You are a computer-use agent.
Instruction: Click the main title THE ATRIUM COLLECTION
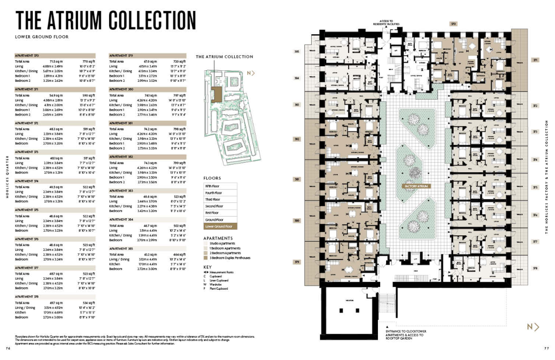[105, 20]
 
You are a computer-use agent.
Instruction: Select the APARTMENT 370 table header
[27, 55]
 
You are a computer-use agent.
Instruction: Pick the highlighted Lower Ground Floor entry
[221, 226]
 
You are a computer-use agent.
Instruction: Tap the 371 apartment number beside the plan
[535, 60]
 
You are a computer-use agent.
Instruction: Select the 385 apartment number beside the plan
[297, 52]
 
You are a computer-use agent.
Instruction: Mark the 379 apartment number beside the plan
[297, 262]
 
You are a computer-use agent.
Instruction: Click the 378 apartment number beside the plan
[535, 268]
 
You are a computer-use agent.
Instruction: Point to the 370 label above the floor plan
[454, 23]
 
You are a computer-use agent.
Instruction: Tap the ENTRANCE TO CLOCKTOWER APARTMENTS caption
[407, 335]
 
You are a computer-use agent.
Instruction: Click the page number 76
[7, 348]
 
